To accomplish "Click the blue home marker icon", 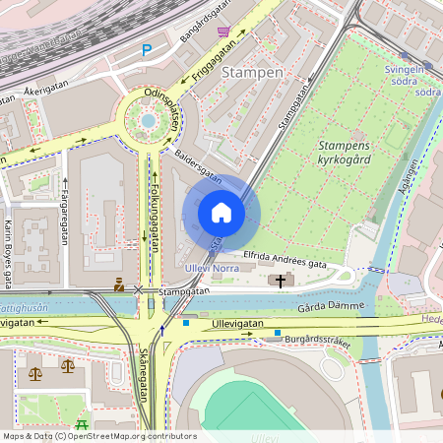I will tap(221, 212).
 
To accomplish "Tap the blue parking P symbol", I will tap(147, 50).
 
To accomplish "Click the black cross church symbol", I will tap(281, 282).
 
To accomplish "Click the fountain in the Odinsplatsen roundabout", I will tap(148, 120).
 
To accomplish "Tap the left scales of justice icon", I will tap(36, 374).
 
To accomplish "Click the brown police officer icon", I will tap(119, 285).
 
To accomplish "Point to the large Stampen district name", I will tap(253, 73).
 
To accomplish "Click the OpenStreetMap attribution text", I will tap(99, 435).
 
